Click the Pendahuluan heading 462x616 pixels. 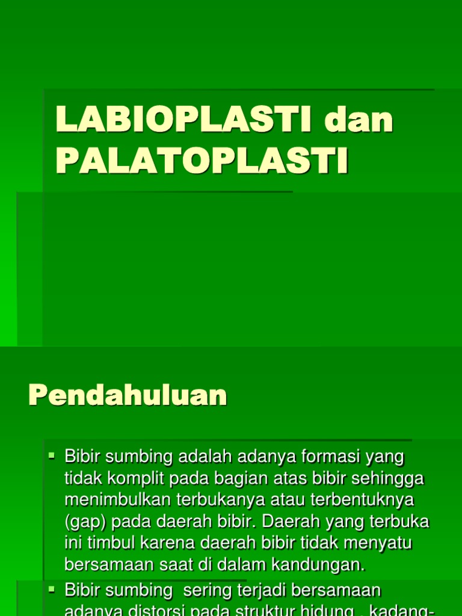pyautogui.click(x=128, y=396)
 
